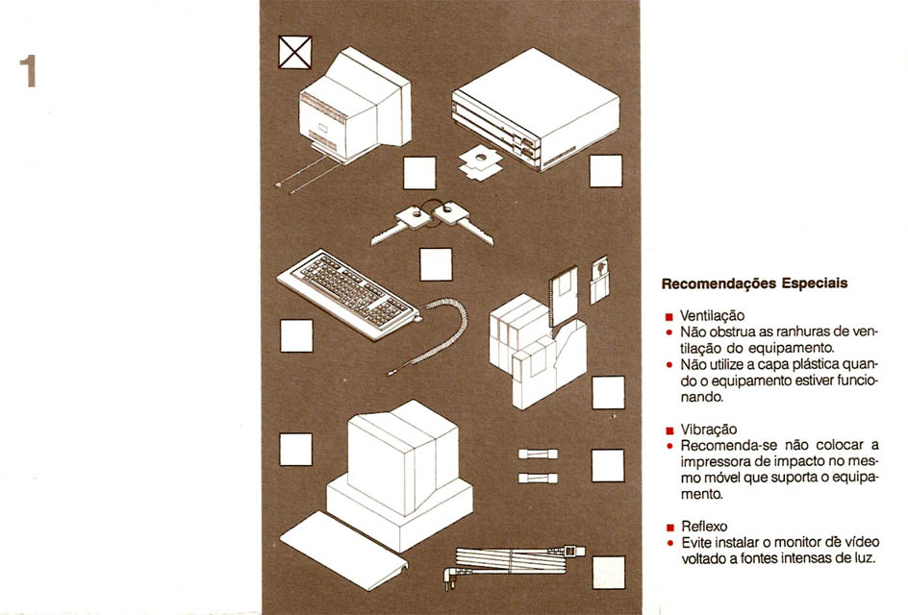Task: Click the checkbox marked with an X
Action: pyautogui.click(x=294, y=52)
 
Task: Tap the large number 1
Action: pyautogui.click(x=28, y=71)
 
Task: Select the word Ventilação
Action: pyautogui.click(x=712, y=316)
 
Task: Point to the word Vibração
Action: pyautogui.click(x=709, y=430)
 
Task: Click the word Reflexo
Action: pyautogui.click(x=704, y=527)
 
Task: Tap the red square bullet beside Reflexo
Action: pyautogui.click(x=670, y=528)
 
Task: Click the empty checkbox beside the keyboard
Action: pyautogui.click(x=296, y=336)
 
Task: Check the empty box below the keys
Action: pyautogui.click(x=436, y=264)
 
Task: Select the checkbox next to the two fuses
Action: pyautogui.click(x=608, y=466)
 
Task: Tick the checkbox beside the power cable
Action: pyautogui.click(x=609, y=572)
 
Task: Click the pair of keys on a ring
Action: pyautogui.click(x=432, y=222)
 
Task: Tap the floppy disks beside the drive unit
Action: pyautogui.click(x=480, y=162)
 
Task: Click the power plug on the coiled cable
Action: pyautogui.click(x=453, y=578)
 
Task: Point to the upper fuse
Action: pyautogui.click(x=538, y=455)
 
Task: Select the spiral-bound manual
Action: pyautogui.click(x=563, y=296)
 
